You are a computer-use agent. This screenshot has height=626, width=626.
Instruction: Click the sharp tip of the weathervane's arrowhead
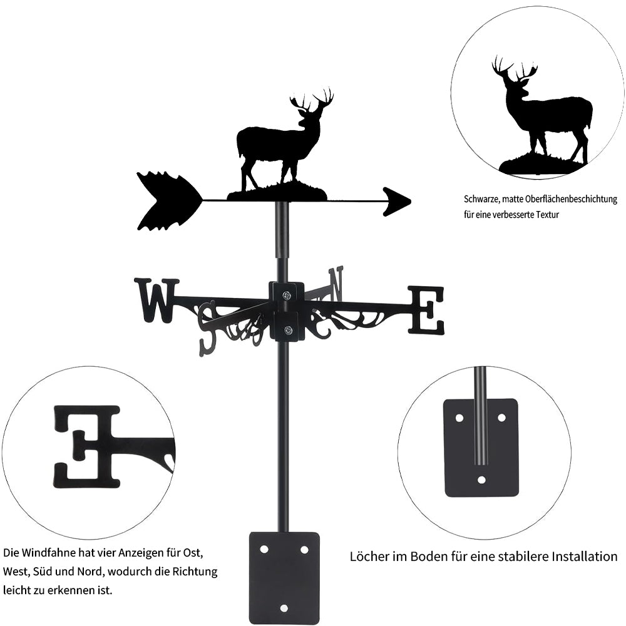(x=411, y=202)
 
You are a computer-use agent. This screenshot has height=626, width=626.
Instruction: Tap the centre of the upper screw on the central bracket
(x=287, y=295)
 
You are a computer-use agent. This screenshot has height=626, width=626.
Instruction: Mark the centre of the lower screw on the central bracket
(x=287, y=330)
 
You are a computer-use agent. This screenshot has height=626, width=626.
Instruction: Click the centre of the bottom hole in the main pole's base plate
(x=284, y=608)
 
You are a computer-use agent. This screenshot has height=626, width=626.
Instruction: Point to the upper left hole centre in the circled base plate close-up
(x=459, y=418)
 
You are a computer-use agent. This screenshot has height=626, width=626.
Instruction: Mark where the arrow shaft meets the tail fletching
(x=203, y=198)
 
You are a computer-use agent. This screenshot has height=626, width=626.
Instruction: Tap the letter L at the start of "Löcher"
(x=353, y=556)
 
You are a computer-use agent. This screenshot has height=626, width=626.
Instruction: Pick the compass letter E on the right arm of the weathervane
(x=426, y=309)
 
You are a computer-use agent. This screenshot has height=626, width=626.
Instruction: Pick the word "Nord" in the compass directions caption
(x=90, y=572)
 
